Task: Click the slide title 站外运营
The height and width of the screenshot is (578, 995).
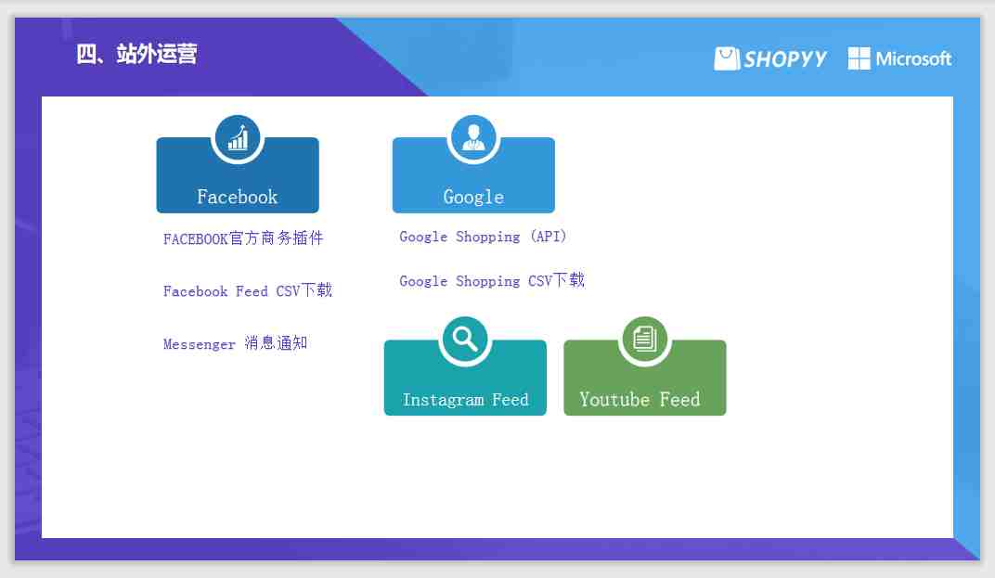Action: point(157,54)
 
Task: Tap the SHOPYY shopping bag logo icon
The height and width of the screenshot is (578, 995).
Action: point(727,58)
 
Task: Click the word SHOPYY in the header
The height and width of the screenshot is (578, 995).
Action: point(785,59)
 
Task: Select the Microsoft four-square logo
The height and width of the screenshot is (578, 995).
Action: point(859,58)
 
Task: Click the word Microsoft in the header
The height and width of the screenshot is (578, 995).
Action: point(913,59)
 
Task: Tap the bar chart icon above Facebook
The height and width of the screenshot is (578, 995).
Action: point(238,137)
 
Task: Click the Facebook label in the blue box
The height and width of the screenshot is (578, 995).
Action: point(238,197)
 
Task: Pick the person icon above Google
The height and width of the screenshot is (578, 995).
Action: point(473,137)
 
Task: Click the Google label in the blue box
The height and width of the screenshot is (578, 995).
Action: point(473,198)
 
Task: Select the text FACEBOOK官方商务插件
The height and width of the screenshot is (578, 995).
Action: point(243,238)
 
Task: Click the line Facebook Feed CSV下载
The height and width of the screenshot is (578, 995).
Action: point(248,290)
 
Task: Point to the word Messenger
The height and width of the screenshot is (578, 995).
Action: point(200,344)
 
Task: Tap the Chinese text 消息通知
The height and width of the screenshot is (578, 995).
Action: point(276,343)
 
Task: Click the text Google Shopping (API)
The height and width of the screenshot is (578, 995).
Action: point(483,237)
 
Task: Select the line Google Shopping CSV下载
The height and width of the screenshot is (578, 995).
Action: point(492,280)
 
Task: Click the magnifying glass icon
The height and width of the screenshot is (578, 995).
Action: point(464,339)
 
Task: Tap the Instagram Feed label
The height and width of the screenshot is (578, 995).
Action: point(465,400)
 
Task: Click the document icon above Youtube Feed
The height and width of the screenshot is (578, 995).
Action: point(644,339)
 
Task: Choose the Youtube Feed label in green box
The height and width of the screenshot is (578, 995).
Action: point(640,400)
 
